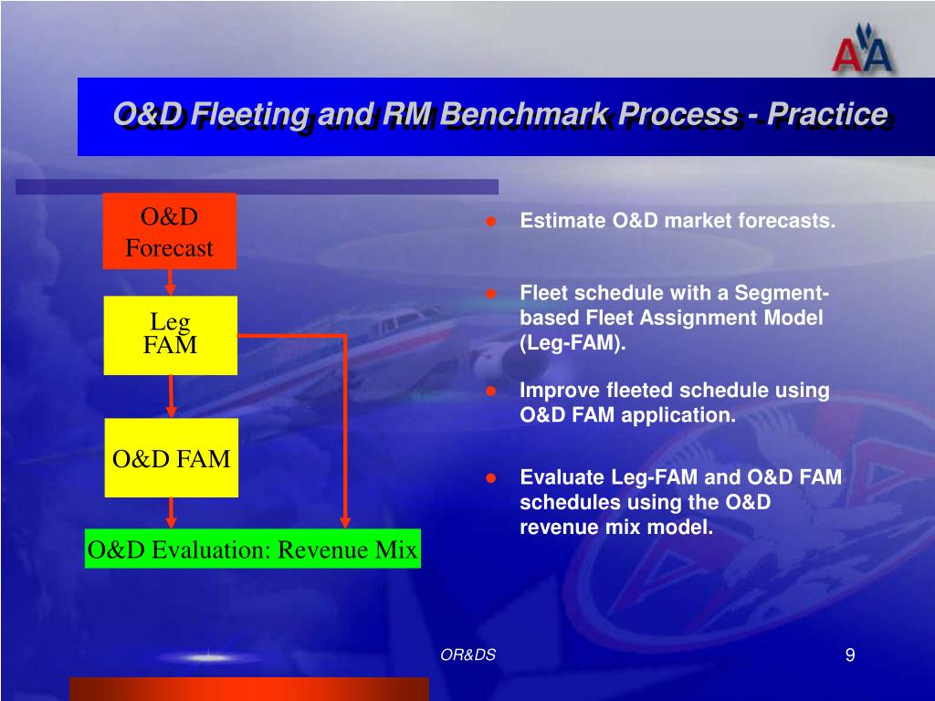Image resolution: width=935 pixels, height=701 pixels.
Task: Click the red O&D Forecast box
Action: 170,231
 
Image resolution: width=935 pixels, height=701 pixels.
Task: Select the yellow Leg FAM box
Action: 171,336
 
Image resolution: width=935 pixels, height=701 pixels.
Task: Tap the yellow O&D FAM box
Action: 172,458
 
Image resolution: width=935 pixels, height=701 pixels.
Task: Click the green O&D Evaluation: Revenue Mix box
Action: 253,549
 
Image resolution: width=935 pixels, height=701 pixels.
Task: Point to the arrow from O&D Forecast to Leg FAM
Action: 170,283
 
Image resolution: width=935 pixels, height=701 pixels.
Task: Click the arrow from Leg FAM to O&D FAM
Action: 171,396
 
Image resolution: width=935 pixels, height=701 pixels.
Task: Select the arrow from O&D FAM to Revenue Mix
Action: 171,513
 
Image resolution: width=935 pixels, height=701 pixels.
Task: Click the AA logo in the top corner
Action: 862,51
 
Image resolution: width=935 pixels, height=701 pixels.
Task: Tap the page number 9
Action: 850,655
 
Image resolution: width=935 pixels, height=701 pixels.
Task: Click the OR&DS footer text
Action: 468,654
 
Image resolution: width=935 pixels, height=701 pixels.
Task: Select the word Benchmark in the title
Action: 529,113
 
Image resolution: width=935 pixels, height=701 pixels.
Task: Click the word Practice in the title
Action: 827,113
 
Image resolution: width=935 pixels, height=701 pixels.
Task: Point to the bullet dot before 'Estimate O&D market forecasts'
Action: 490,221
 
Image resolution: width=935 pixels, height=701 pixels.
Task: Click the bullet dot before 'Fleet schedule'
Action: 490,293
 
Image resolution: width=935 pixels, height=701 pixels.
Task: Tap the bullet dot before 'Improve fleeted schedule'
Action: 490,391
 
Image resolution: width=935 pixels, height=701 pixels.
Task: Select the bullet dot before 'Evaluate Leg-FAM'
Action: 490,478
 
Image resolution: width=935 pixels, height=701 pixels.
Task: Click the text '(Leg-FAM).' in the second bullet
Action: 573,343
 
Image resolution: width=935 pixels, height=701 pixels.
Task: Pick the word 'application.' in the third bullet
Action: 678,415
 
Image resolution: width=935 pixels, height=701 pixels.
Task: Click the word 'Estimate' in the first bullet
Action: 562,221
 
